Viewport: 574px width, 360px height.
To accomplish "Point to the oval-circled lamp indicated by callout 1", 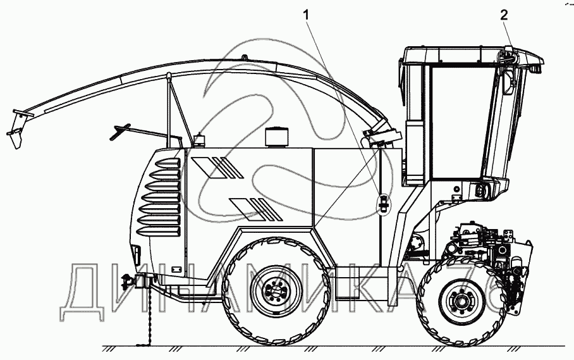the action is (x=382, y=204).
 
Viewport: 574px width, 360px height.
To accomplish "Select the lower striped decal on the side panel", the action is (x=249, y=208).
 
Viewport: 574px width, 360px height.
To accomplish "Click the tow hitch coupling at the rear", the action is (x=129, y=281).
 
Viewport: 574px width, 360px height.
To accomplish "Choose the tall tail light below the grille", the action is (x=135, y=254).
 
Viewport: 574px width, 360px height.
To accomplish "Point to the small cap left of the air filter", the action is (x=200, y=139).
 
